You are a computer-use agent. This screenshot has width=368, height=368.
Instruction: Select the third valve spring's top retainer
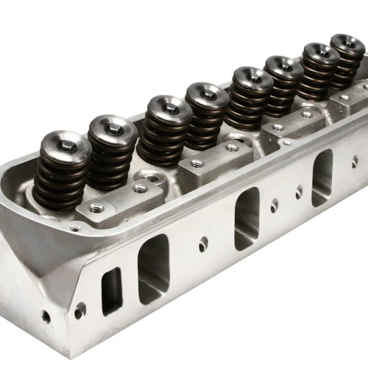[170, 107]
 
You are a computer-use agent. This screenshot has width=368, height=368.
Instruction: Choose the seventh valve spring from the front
[319, 70]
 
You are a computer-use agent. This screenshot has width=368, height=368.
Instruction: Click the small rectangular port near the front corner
[112, 291]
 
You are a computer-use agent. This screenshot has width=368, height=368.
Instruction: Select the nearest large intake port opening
[154, 269]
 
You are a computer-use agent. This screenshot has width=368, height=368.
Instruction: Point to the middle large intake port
[247, 218]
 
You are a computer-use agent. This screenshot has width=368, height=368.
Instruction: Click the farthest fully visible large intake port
[322, 177]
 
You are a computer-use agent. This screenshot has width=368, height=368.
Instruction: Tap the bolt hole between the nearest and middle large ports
[203, 244]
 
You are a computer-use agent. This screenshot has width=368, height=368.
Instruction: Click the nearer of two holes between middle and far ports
[274, 205]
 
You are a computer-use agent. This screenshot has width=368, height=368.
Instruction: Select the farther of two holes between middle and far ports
[299, 192]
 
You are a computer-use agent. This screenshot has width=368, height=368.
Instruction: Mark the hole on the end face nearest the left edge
[46, 316]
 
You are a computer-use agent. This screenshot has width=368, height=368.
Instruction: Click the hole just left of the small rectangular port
[79, 311]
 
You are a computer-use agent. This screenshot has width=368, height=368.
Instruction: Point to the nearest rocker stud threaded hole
[96, 208]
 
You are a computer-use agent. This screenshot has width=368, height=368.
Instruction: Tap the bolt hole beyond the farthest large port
[355, 161]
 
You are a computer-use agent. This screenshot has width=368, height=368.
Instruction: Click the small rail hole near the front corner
[75, 228]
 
